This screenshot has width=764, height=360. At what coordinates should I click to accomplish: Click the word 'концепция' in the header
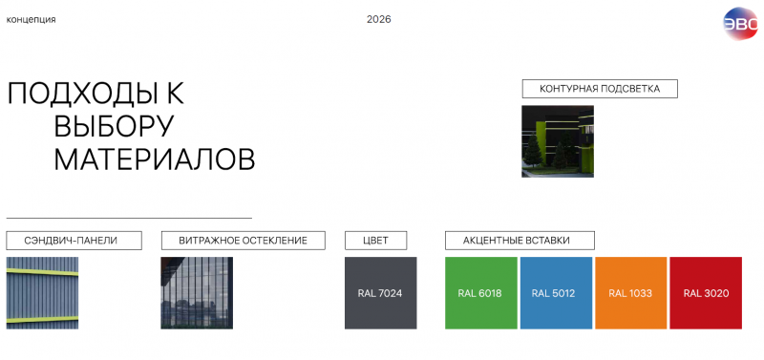(31, 20)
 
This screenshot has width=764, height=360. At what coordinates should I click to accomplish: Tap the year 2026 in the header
(378, 19)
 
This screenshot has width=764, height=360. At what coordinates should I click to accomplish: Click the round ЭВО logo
(740, 23)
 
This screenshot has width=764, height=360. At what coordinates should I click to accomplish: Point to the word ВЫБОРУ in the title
(114, 126)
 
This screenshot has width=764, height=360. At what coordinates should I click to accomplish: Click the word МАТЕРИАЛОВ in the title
(155, 159)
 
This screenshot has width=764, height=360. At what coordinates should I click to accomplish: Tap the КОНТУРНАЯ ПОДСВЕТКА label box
(600, 89)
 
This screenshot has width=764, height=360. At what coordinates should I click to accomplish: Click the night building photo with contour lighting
(558, 141)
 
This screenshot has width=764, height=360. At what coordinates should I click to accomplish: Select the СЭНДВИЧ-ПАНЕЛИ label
(74, 241)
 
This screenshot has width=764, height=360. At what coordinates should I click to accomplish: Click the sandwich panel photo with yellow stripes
(42, 293)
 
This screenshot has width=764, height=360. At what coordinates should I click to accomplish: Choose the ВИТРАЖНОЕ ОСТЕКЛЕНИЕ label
(244, 241)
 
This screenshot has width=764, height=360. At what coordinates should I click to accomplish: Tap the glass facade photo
(197, 293)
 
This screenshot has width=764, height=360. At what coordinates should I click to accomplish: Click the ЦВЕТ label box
(375, 241)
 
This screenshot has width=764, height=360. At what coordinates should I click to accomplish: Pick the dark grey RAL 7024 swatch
(380, 293)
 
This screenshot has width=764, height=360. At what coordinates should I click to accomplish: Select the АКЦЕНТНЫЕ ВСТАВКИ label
(520, 241)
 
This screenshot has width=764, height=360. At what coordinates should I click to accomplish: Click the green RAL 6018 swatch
(481, 293)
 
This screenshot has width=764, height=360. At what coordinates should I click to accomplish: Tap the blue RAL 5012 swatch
(556, 293)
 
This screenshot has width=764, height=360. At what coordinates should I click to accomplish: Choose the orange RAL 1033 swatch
(631, 293)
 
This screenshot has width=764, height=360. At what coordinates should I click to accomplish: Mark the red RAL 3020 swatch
(706, 293)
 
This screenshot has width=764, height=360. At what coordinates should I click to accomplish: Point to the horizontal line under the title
(129, 218)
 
